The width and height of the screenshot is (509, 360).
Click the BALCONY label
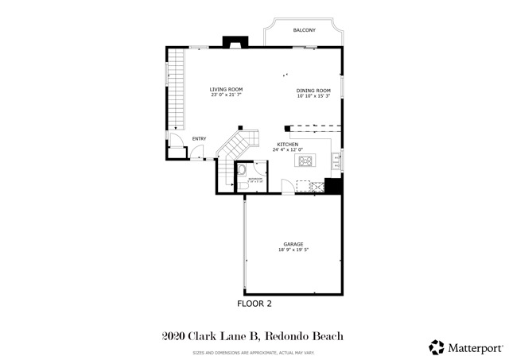click(304, 30)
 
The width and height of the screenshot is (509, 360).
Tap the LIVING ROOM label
click(226, 89)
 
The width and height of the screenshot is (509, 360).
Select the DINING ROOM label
click(313, 90)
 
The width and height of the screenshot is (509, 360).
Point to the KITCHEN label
click(287, 144)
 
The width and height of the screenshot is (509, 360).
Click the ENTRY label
click(199, 139)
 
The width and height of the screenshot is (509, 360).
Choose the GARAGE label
click(294, 244)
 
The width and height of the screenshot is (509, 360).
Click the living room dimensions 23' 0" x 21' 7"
click(226, 95)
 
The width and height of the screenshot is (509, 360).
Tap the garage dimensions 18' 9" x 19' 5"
click(294, 250)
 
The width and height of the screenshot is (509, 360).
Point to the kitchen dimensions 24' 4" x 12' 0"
click(287, 149)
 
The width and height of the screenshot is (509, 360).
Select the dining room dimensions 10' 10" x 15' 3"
click(313, 95)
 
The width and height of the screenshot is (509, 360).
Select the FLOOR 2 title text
click(254, 304)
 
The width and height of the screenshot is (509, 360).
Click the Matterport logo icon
click(437, 346)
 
